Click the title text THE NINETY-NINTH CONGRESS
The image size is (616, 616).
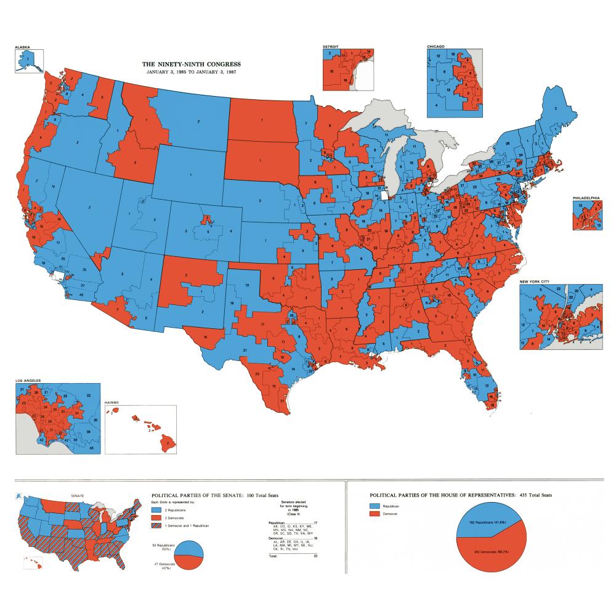pos(192,64)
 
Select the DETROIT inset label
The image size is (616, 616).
pos(331,46)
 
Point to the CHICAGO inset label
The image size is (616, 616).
pos(436,46)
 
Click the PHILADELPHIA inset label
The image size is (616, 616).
pos(586,198)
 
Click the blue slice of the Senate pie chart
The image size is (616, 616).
pos(192,545)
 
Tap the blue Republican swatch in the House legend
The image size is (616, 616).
pos(374,505)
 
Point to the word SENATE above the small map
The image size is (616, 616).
pos(78,495)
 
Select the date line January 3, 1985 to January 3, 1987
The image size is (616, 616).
pos(192,72)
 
